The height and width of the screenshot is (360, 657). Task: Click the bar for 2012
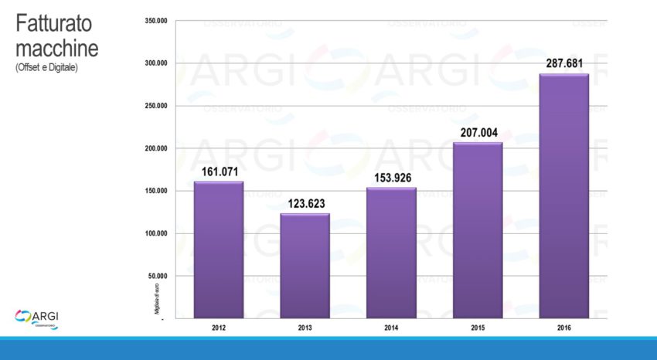pyautogui.click(x=218, y=250)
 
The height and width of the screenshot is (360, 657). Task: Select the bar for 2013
pyautogui.click(x=305, y=265)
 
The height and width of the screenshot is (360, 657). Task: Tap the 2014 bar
pyautogui.click(x=391, y=253)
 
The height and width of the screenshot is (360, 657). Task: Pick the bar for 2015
pyautogui.click(x=478, y=230)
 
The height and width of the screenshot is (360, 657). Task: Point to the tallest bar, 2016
pyautogui.click(x=563, y=195)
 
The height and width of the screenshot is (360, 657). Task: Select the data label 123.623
pyautogui.click(x=305, y=202)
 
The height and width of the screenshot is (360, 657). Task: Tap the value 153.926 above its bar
pyautogui.click(x=391, y=177)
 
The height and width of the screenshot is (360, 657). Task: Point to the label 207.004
pyautogui.click(x=478, y=132)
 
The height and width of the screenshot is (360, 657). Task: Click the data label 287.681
pyautogui.click(x=563, y=63)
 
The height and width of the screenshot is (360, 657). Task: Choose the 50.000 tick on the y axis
pyautogui.click(x=158, y=276)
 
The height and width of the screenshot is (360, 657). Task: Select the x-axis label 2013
pyautogui.click(x=305, y=328)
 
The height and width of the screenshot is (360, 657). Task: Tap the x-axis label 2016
pyautogui.click(x=563, y=328)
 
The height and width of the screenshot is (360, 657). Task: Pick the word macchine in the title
pyautogui.click(x=56, y=48)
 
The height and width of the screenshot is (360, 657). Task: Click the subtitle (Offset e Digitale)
pyautogui.click(x=46, y=68)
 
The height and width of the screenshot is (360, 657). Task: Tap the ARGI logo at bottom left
pyautogui.click(x=37, y=318)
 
